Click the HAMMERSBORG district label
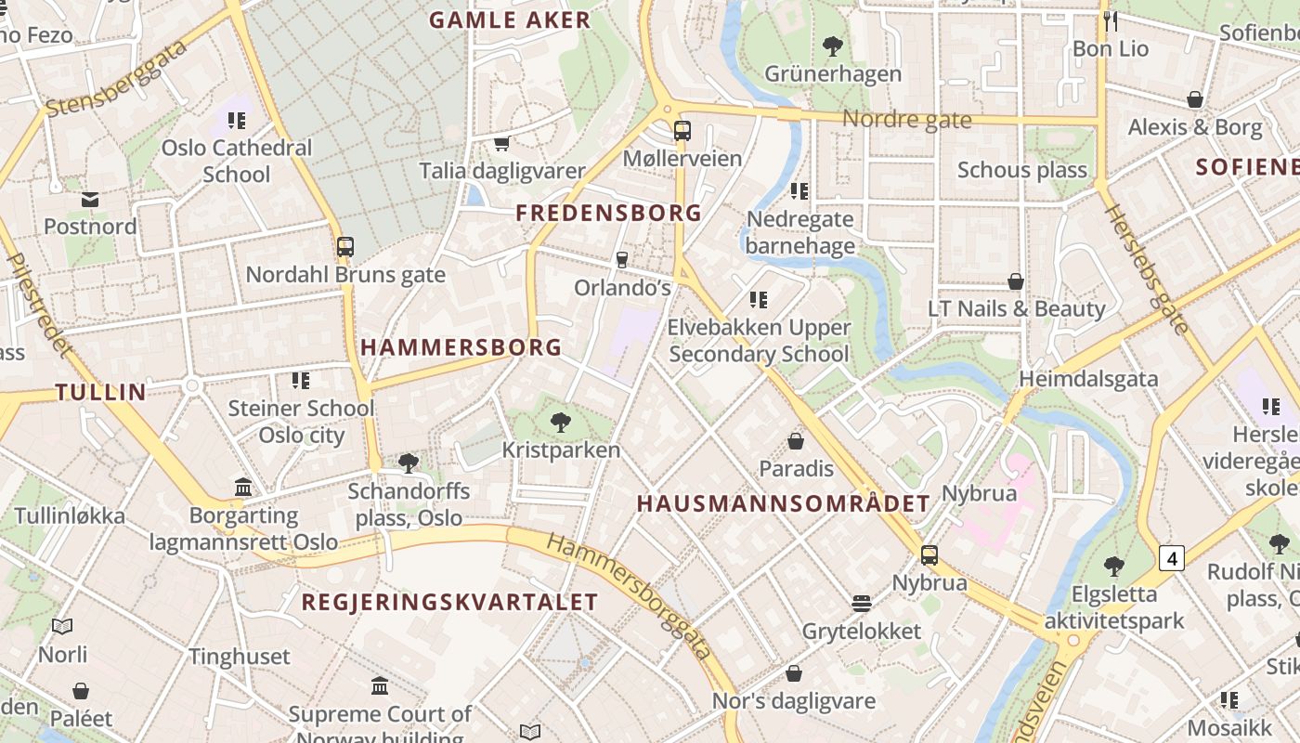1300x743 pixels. pyautogui.click(x=461, y=347)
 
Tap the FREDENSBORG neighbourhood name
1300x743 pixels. pyautogui.click(x=608, y=213)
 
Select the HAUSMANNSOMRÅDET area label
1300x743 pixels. pyautogui.click(x=783, y=503)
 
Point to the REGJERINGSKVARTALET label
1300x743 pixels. pyautogui.click(x=449, y=602)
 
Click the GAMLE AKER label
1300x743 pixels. pyautogui.click(x=510, y=20)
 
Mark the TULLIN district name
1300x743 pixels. pyautogui.click(x=101, y=392)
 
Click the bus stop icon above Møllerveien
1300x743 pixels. pyautogui.click(x=682, y=131)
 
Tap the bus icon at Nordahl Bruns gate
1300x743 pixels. pyautogui.click(x=345, y=247)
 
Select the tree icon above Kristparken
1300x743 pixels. pyautogui.click(x=560, y=423)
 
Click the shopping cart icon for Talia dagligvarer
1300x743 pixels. pyautogui.click(x=502, y=143)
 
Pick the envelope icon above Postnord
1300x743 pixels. pyautogui.click(x=90, y=199)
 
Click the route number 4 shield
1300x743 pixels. pyautogui.click(x=1172, y=558)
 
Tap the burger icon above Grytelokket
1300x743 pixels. pyautogui.click(x=862, y=604)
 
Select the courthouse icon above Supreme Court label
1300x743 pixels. pyautogui.click(x=380, y=686)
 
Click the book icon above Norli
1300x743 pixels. pyautogui.click(x=62, y=627)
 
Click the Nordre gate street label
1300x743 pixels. pyautogui.click(x=906, y=120)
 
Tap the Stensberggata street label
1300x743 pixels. pyautogui.click(x=115, y=79)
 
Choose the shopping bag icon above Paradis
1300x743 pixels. pyautogui.click(x=796, y=441)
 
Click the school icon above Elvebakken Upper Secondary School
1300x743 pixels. pyautogui.click(x=759, y=300)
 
